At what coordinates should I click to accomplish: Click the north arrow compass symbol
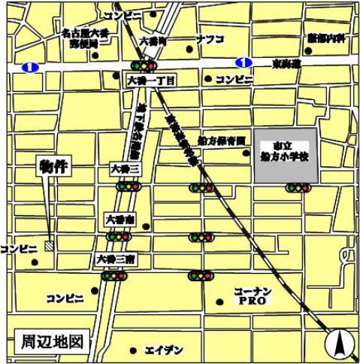[340, 344]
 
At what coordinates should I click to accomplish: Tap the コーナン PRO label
[248, 295]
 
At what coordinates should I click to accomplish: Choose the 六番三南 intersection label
[115, 259]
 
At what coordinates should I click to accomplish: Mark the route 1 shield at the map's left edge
[29, 67]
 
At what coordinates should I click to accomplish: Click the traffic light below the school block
[298, 187]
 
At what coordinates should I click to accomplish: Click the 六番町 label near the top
[153, 37]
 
